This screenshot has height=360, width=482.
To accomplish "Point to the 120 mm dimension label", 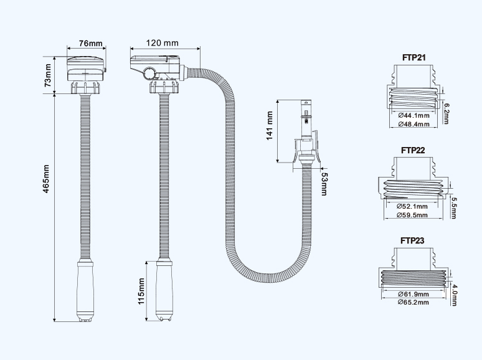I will [x=163, y=43].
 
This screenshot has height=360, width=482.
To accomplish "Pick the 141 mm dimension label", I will [x=270, y=126].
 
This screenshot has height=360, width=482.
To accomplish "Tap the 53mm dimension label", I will [x=323, y=182].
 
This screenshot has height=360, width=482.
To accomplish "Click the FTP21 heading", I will [x=413, y=59].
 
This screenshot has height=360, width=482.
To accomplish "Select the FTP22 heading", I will [x=413, y=149].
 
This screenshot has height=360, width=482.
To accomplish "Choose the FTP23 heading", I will [x=413, y=240].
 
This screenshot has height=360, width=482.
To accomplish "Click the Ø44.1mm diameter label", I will [x=413, y=116].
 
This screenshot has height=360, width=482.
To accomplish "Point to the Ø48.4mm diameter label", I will [x=413, y=124].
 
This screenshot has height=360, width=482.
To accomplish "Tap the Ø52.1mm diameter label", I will [x=412, y=206].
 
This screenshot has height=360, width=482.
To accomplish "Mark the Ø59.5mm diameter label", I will [x=412, y=215].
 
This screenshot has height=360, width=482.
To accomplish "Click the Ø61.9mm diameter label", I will [x=413, y=293].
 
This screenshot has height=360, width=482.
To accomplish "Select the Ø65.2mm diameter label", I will [x=413, y=302].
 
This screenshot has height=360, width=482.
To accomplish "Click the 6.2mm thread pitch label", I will [x=445, y=114].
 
